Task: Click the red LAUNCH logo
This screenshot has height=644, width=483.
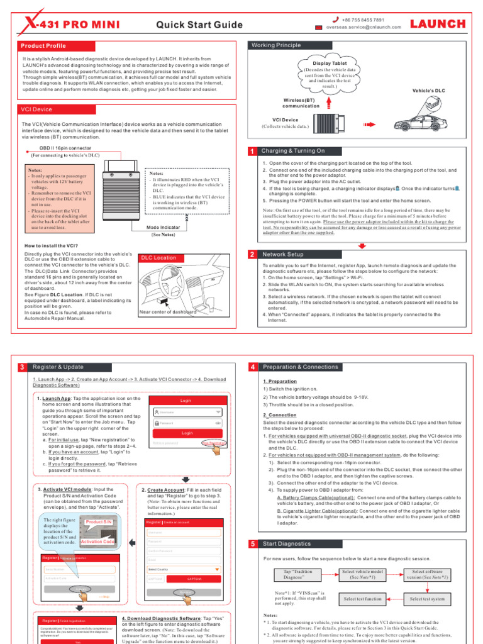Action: coord(438,24)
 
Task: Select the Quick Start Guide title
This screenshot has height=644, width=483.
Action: coord(199,25)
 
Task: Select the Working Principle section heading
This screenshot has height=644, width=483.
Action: coord(276,46)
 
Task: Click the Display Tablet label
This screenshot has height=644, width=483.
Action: coord(330,64)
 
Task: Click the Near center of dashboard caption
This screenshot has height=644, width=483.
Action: coord(167,311)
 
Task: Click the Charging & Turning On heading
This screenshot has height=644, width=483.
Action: coord(293,151)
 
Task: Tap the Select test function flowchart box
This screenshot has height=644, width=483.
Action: coord(362,599)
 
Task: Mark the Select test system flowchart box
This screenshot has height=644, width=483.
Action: coord(430,599)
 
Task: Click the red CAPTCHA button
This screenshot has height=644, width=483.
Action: coord(194,578)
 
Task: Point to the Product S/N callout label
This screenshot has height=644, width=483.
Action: coord(99,523)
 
